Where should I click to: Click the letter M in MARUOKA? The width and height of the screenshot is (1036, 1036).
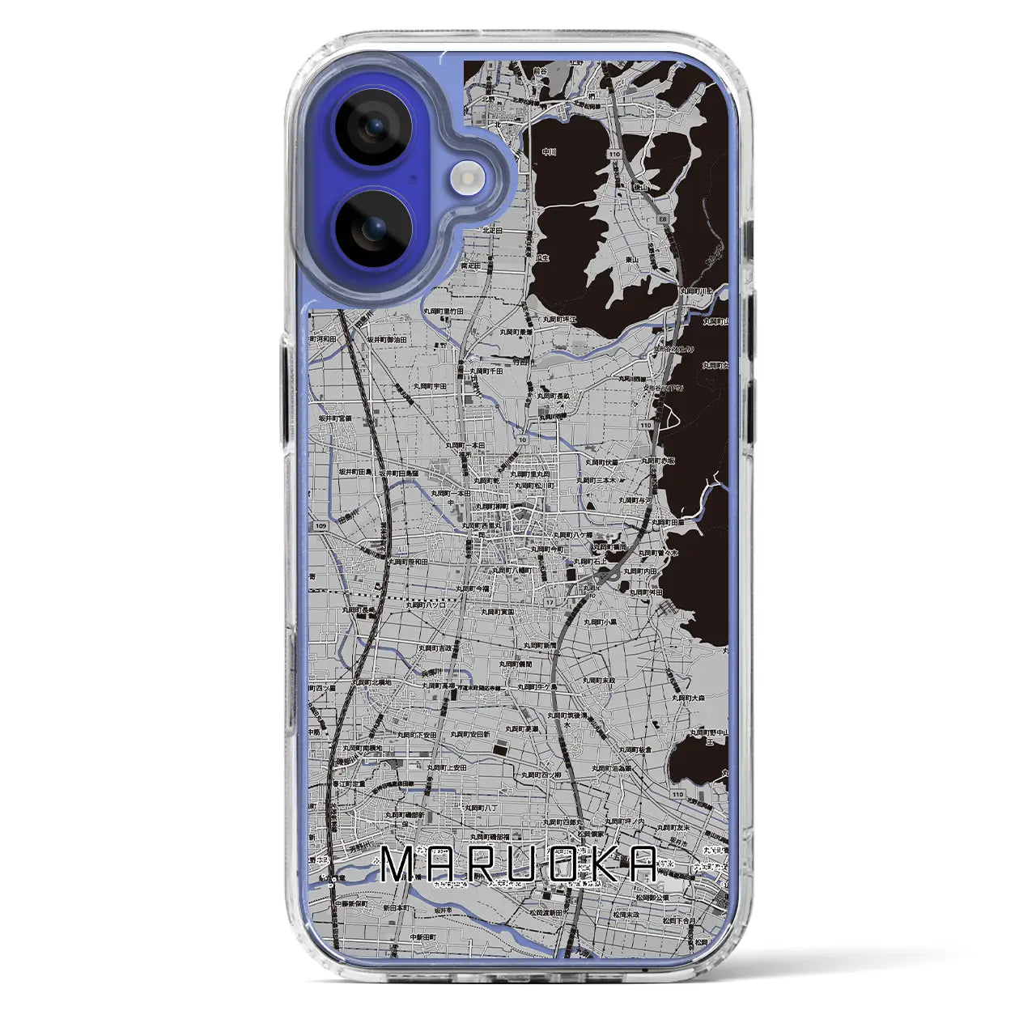coord(401,865)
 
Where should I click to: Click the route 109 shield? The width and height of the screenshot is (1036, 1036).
coord(321,527)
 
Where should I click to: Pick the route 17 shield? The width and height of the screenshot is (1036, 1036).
coord(550,602)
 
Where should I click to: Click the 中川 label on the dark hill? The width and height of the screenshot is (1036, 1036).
coord(550,150)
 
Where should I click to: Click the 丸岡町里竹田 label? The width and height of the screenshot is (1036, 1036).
coord(444,311)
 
